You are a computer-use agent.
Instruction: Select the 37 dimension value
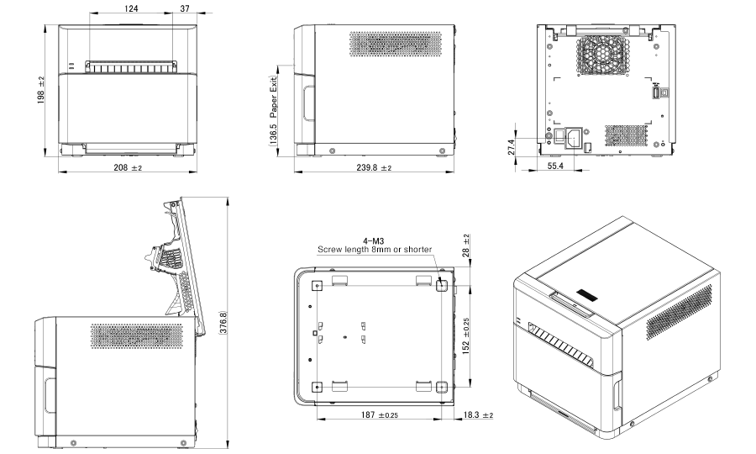pyautogui.click(x=184, y=8)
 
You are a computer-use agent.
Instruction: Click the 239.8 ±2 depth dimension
pyautogui.click(x=368, y=168)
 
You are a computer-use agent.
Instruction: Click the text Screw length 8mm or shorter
pyautogui.click(x=374, y=250)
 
